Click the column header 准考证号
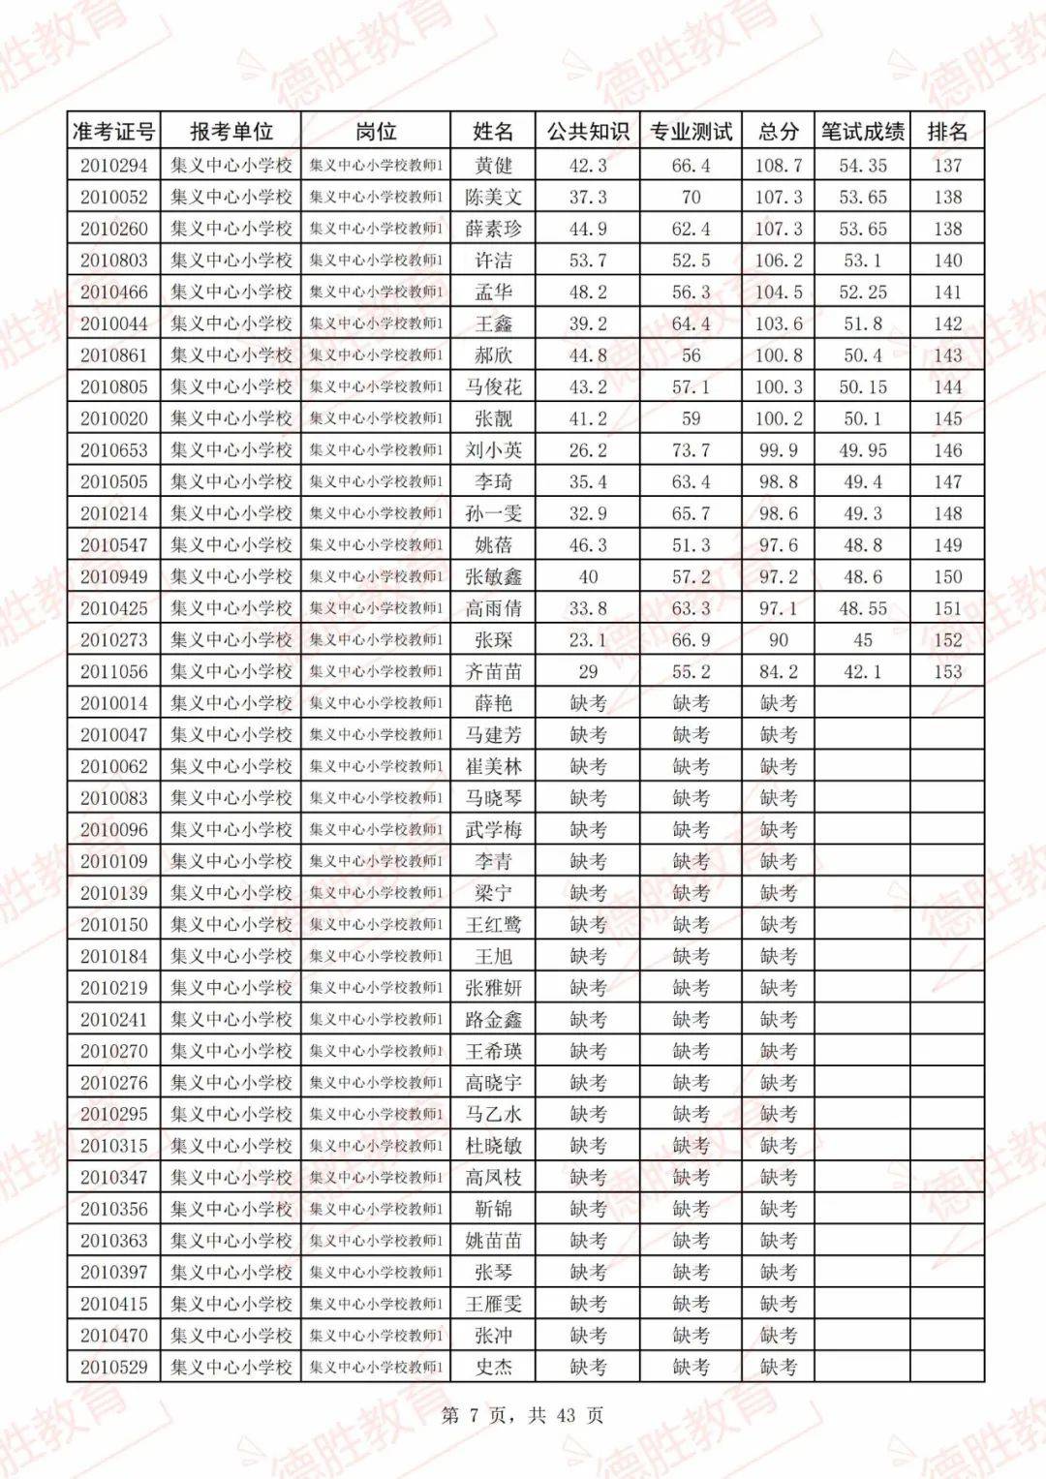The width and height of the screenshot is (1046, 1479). coord(113,132)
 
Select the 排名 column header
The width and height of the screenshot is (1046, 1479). coord(946,132)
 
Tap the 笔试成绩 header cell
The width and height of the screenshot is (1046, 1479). coord(862,132)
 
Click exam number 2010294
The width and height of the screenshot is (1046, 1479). coord(113,166)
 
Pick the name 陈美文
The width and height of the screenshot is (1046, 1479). coord(493,198)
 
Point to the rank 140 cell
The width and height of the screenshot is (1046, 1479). coord(946,261)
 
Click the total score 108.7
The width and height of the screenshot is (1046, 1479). coord(778,166)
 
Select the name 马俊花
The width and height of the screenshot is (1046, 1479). coord(493,387)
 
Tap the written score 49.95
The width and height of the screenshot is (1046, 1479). coord(862,450)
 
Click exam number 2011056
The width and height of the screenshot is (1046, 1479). coord(113,672)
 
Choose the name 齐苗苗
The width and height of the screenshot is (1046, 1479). coord(493,672)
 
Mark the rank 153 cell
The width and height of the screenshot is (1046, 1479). coord(946,672)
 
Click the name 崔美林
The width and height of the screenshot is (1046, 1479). coord(493,767)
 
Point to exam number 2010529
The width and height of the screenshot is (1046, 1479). coord(113,1368)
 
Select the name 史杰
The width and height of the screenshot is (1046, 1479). coord(493,1368)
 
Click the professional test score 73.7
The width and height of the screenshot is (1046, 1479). coord(691,450)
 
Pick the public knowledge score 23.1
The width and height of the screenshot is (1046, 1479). coord(587,640)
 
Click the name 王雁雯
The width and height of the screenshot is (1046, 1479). coord(493,1305)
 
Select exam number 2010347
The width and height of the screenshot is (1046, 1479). coord(113,1178)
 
